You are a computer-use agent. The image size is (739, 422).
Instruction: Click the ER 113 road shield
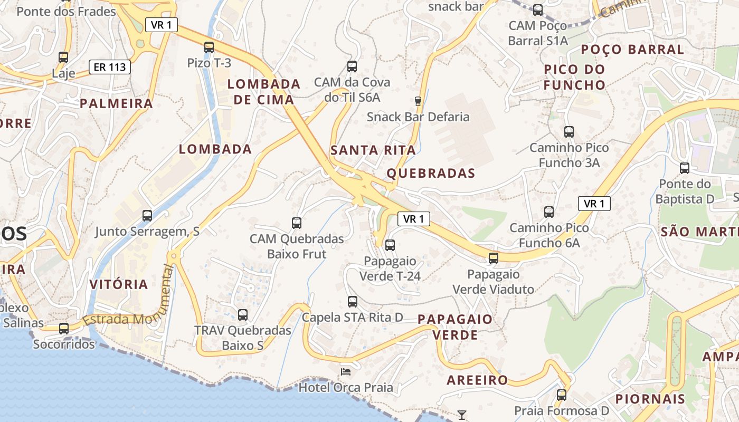[109, 67]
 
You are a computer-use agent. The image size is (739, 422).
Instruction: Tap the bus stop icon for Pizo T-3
[209, 47]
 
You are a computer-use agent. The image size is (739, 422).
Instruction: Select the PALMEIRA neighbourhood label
[116, 103]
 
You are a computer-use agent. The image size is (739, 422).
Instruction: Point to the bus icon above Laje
[63, 57]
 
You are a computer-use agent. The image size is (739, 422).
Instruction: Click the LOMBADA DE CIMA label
[264, 92]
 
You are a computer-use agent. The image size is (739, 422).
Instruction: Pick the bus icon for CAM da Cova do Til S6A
[352, 66]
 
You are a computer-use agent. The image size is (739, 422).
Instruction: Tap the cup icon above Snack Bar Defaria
[418, 101]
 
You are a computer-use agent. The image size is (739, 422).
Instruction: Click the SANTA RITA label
[373, 150]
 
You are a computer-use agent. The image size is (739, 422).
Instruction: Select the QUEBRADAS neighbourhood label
[431, 173]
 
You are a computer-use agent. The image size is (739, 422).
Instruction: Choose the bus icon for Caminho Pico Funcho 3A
[569, 132]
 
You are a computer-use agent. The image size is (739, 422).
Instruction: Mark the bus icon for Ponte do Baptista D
[685, 168]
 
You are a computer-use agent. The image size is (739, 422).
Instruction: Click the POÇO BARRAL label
[632, 50]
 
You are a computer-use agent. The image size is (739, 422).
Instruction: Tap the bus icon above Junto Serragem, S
[147, 215]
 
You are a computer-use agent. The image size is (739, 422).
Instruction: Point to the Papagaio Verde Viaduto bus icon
[494, 258]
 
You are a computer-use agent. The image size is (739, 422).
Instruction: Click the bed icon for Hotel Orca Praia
[346, 372]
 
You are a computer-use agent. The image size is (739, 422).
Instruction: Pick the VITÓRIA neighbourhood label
[118, 284]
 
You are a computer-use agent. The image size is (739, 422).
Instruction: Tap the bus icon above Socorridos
[64, 328]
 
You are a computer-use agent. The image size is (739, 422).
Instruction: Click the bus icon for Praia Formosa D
[562, 395]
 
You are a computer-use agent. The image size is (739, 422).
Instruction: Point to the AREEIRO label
[477, 380]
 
